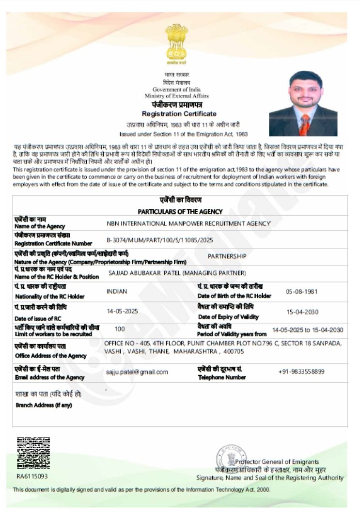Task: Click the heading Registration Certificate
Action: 179,113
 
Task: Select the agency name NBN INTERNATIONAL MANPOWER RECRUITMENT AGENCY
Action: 188,223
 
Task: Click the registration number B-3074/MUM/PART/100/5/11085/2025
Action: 159,240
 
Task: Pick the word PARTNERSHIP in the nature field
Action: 227,256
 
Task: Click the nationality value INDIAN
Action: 117,291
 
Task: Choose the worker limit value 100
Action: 120,329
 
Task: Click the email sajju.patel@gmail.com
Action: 137,372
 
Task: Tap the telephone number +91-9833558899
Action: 301,372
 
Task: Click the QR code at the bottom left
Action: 33,454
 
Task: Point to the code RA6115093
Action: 32,476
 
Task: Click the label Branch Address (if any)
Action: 44,405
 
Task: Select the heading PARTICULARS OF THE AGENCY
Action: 180,211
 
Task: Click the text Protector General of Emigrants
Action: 277,461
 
